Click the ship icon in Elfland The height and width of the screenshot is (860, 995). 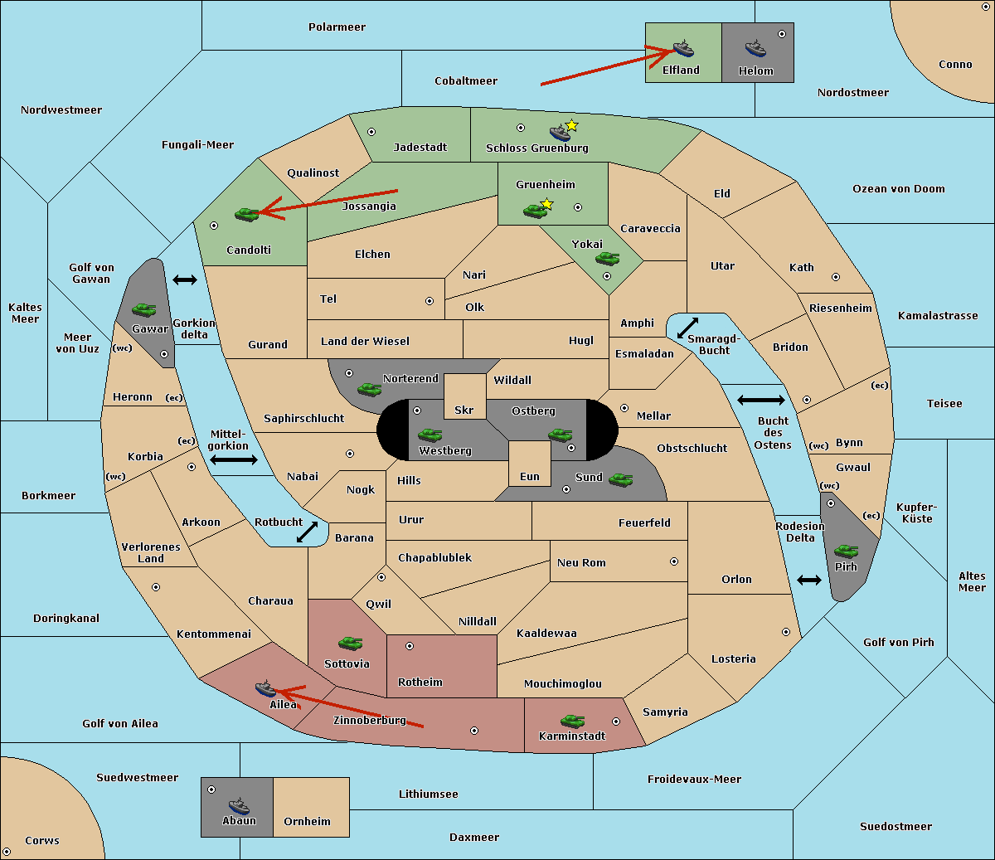point(683,48)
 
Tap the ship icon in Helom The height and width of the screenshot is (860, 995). point(755,48)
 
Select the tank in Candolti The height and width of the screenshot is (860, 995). point(246,214)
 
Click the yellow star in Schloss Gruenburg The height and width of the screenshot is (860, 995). point(571,125)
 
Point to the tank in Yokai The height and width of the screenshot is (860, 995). point(607,259)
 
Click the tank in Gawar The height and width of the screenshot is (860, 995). point(144,309)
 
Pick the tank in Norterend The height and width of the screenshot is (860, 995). point(369,389)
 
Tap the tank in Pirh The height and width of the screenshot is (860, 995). point(846,551)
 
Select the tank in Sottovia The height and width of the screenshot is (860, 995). point(350,643)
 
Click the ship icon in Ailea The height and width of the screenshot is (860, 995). point(265,688)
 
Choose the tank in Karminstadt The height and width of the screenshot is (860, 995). point(572,721)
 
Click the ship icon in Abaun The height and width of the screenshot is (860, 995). point(239,805)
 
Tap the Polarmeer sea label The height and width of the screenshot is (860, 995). point(337,27)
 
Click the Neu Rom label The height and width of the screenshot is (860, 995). point(581,562)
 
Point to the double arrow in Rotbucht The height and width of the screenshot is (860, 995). point(307,532)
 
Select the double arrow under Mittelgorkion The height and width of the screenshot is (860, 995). point(234,459)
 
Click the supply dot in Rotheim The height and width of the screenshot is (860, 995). point(410,645)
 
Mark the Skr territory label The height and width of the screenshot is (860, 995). point(464,410)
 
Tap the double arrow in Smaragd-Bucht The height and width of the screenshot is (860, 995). point(687,328)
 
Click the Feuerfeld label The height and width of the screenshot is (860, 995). point(644,522)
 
